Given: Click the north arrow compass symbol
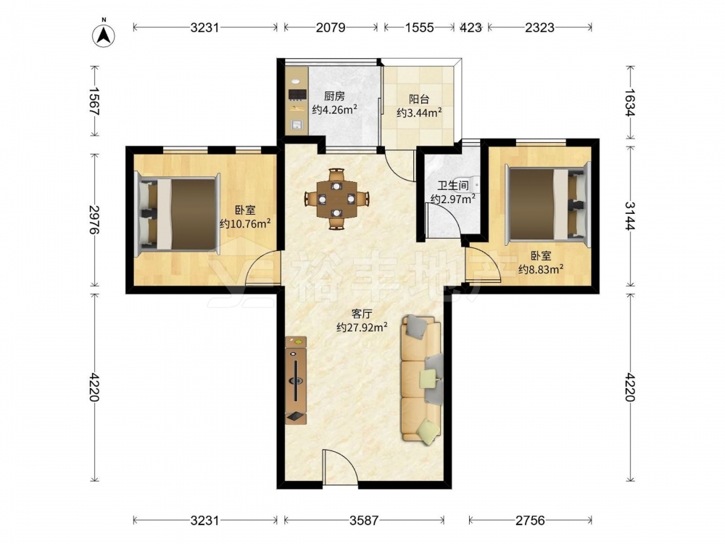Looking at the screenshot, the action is [104, 35].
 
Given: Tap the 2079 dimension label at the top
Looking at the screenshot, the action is [331, 28].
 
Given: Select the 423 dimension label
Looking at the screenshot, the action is [471, 28].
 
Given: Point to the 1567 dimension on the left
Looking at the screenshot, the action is [94, 102].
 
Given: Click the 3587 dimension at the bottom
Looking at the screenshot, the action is [364, 521].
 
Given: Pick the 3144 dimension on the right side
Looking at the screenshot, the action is [630, 215].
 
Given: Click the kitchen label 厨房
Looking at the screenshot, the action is [334, 96].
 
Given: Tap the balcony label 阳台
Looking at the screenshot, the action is [419, 99].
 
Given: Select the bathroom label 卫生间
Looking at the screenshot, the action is [453, 186].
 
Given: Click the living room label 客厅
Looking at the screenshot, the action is [362, 314].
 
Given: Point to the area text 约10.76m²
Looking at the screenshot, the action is [245, 224].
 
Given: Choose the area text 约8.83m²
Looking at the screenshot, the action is [541, 269].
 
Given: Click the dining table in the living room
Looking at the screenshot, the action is [336, 199].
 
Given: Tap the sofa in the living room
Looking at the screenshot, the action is [421, 379].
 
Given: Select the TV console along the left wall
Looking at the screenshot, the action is [296, 380].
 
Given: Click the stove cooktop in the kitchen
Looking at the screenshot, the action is [297, 95].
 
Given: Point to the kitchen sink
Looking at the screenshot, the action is [297, 125].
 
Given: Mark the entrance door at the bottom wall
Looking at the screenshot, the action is [340, 467].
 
